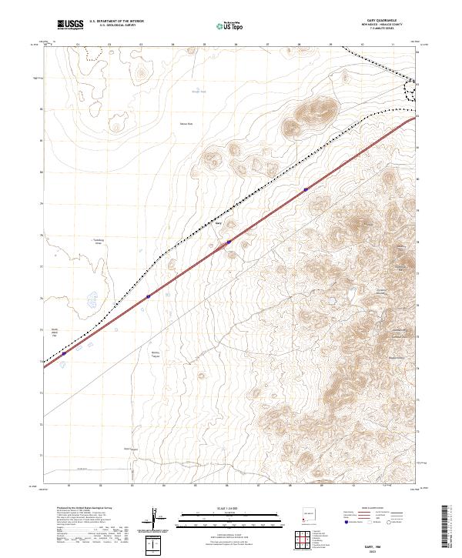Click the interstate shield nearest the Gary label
[229, 242]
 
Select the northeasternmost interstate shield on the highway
[306, 189]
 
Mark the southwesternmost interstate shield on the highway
[148, 296]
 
